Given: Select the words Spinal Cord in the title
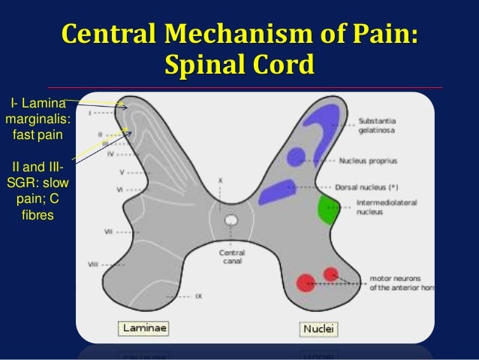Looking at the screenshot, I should tap(238, 65).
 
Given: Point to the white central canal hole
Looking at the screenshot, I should tap(231, 222).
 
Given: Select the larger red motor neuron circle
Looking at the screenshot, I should tap(304, 282).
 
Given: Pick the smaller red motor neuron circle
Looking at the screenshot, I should tap(330, 272).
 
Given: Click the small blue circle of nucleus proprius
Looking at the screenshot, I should tap(297, 156).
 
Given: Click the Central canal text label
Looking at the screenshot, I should tap(230, 257).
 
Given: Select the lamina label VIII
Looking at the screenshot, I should tap(93, 264).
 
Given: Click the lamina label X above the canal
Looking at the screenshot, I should tap(220, 181).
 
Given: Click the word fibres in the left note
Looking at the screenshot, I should tap(38, 216).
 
